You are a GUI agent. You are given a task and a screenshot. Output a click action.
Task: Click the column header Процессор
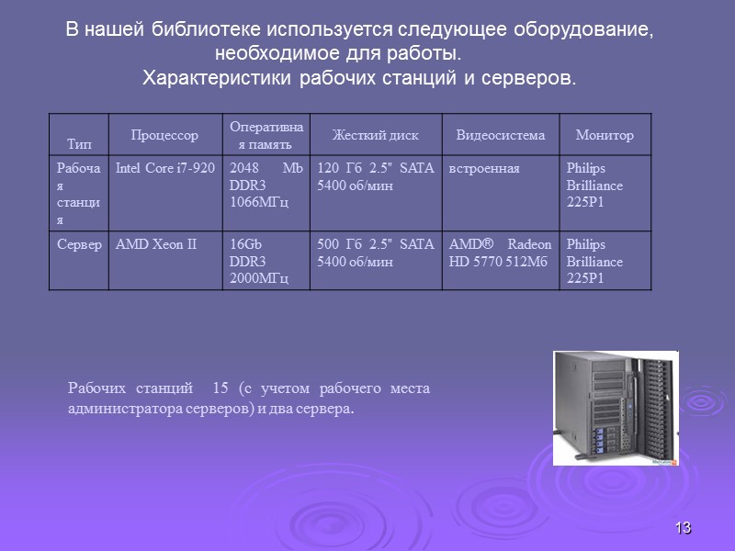coord(164,136)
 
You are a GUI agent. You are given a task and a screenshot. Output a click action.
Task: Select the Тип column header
coord(80,144)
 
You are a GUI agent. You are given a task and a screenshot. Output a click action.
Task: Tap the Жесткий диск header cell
coord(375,136)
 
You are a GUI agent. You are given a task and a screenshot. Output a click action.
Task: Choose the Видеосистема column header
coord(500,136)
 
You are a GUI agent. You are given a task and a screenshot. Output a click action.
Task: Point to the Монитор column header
coord(604,136)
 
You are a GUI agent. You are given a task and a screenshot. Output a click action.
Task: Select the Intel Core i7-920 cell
coord(165,168)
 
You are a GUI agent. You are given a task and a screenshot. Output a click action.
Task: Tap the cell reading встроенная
coord(484,168)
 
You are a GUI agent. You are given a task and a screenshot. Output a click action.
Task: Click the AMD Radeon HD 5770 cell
coord(500,253)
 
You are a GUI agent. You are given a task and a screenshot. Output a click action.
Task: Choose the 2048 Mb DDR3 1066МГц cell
coord(266,185)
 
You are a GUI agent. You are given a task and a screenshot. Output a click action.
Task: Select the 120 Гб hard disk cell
coord(375,176)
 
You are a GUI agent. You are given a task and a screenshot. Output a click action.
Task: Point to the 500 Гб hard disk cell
coord(375,253)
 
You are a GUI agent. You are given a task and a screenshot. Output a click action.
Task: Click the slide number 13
coord(683,528)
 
